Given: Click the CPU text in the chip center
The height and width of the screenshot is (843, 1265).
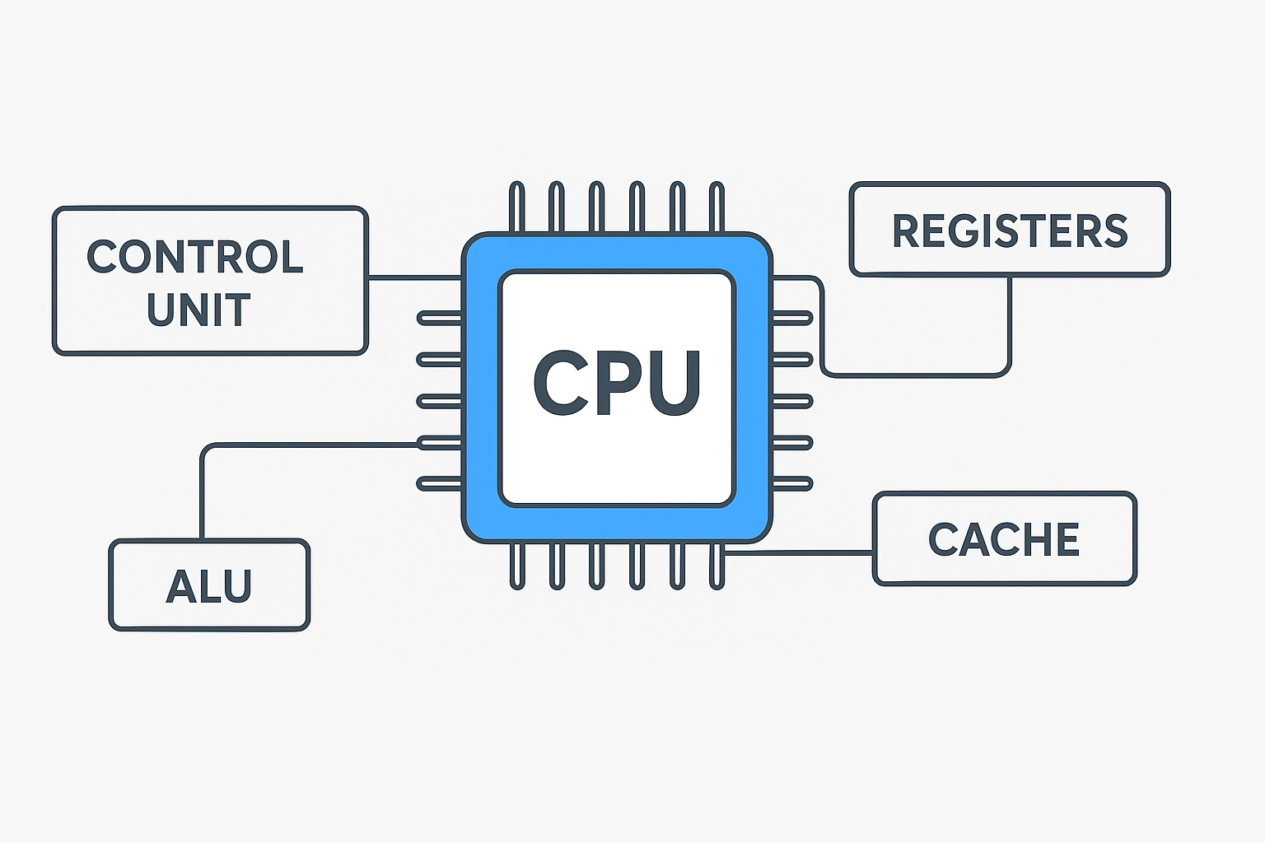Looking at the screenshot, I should click(617, 384).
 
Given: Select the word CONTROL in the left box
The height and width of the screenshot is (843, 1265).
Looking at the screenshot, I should click(195, 258).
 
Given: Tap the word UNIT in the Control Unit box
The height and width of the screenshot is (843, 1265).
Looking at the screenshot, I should click(198, 310).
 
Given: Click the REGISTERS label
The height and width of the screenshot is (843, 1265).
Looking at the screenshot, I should click(1010, 231).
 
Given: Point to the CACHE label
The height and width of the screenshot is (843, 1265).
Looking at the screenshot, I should click(1004, 540).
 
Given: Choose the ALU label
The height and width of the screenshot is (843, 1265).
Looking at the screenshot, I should click(208, 587).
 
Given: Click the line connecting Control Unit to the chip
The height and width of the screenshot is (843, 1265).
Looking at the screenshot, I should click(414, 277).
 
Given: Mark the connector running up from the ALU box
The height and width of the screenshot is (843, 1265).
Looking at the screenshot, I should click(202, 494).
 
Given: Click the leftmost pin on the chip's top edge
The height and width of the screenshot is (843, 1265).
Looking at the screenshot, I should click(516, 207).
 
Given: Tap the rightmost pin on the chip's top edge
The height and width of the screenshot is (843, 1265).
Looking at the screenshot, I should click(717, 207).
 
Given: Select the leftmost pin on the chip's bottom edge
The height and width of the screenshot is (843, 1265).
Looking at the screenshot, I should click(516, 566).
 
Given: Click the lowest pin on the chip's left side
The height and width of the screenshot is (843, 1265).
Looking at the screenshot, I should click(439, 483).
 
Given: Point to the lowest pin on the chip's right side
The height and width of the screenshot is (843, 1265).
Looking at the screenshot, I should click(792, 483).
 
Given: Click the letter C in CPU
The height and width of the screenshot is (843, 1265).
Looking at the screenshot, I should click(560, 384).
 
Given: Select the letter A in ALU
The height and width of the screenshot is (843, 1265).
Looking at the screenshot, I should click(181, 587).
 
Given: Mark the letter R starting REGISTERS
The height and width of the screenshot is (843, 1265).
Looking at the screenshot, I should click(907, 231).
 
